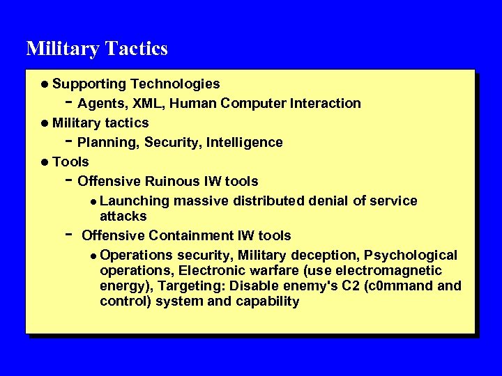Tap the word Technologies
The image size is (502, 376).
click(175, 84)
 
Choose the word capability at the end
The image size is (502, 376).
click(268, 301)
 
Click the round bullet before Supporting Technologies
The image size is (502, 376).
click(45, 84)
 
